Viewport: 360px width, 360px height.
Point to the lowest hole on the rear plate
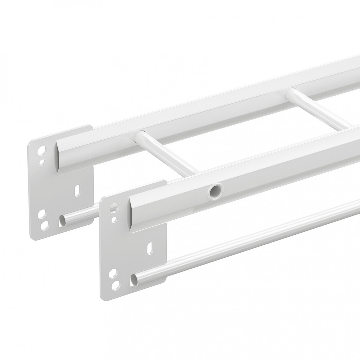coord(43,224)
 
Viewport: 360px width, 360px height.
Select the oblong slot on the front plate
coord(149,249)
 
